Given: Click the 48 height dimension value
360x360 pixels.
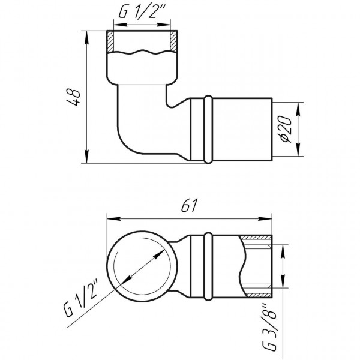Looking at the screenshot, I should (x=74, y=96).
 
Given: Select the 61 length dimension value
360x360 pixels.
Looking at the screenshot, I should (x=188, y=206).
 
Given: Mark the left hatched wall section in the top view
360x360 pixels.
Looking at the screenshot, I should (x=111, y=42).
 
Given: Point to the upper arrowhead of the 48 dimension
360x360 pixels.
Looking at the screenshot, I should (x=88, y=34).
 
